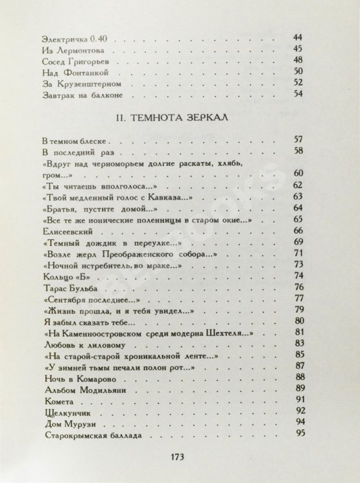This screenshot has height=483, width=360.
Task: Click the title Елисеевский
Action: coord(66,230)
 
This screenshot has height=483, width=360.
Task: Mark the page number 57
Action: coord(300,140)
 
